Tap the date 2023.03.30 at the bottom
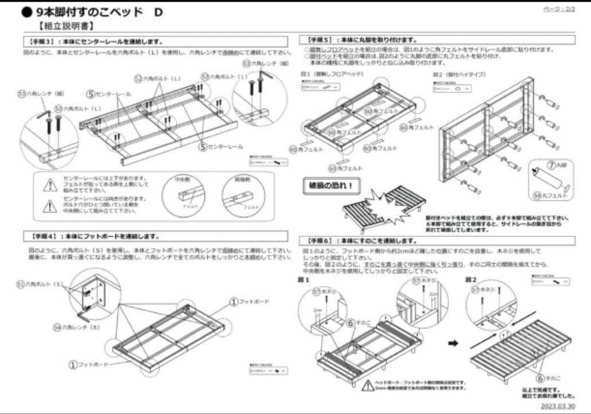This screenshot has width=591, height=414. click(x=558, y=406)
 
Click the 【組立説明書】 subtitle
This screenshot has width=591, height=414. click(x=66, y=26)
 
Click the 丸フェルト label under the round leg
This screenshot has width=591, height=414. click(x=550, y=195)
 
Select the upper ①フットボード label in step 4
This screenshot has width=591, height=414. click(x=249, y=302)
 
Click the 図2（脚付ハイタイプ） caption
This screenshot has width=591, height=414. click(x=459, y=74)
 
